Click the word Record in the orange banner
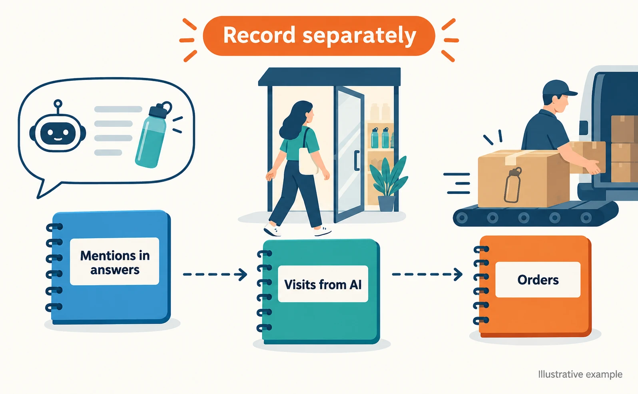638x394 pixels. pos(259,35)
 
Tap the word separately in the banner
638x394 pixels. pos(359,36)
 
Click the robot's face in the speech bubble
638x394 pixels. pos(58,133)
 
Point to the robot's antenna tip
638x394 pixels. pos(58,103)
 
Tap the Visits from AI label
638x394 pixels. pos(323,284)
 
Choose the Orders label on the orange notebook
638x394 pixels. pos(538,280)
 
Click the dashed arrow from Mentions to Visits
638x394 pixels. pos(215,275)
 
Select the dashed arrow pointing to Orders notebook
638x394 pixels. pos(427,274)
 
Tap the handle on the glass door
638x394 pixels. pos(356,161)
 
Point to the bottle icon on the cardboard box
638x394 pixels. pos(512,185)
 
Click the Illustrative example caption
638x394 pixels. pos(580,374)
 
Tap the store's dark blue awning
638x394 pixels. pos(329,77)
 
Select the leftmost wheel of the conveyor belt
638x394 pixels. pos(462,218)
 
